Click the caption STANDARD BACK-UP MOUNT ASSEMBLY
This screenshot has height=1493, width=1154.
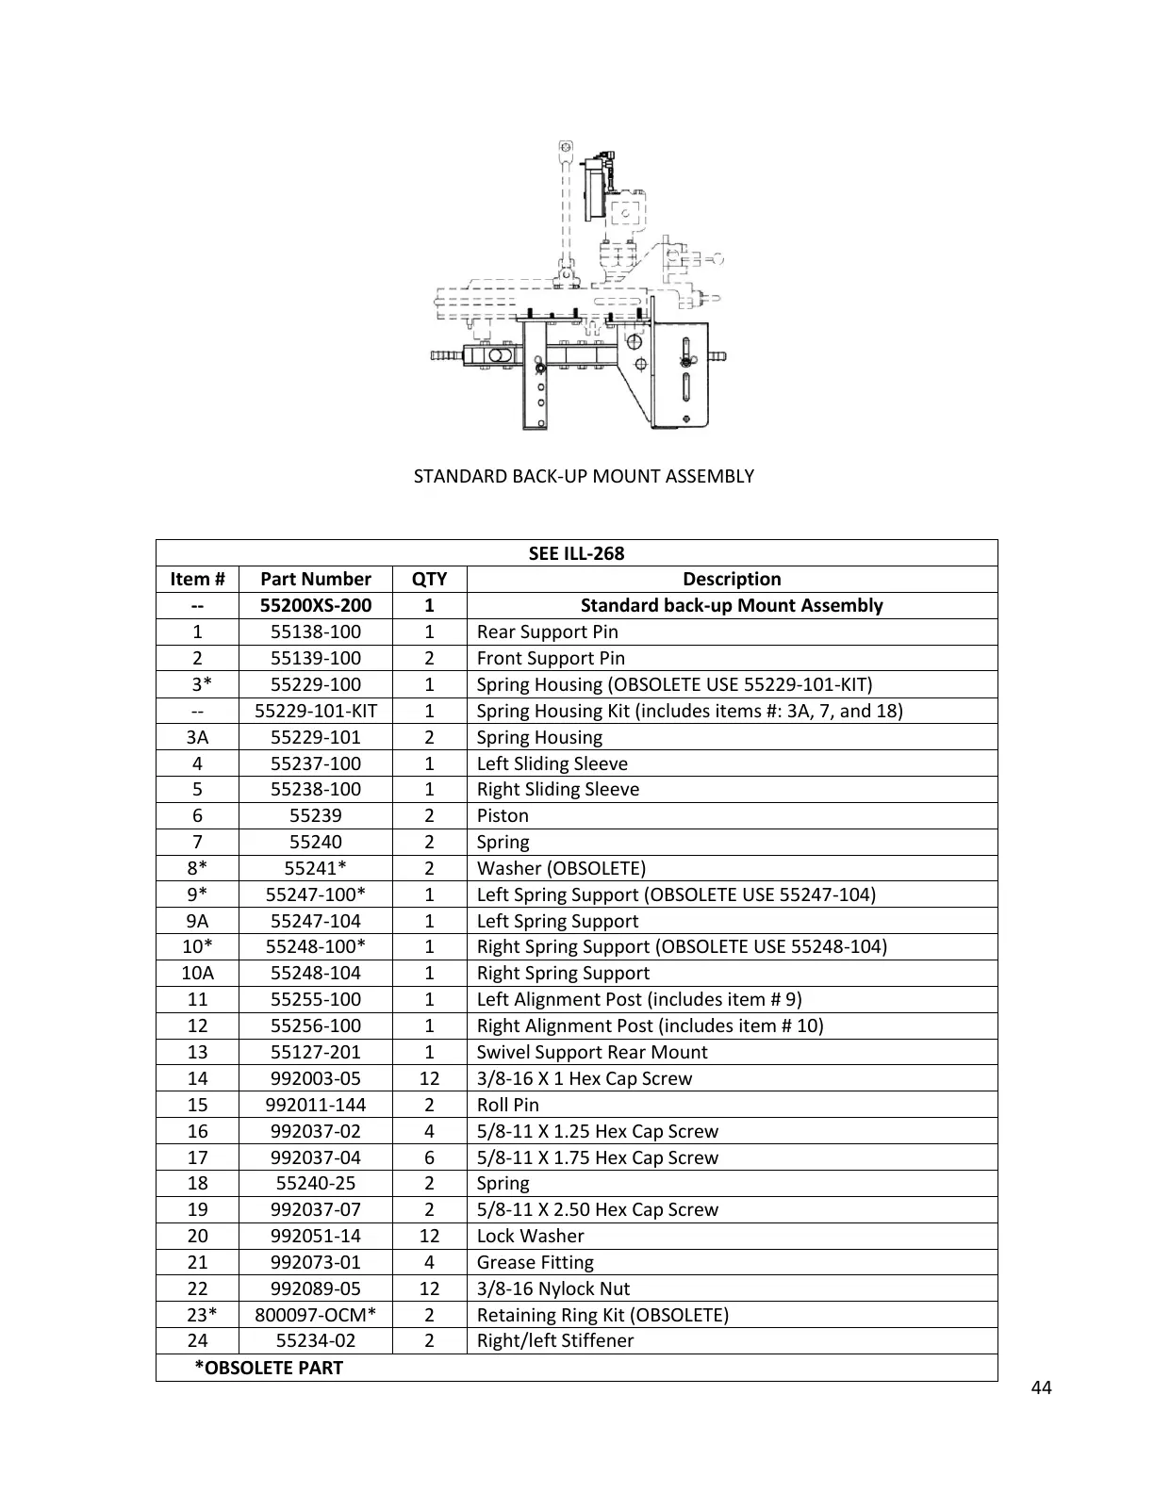pos(584,476)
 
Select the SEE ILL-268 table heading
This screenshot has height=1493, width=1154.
pos(576,553)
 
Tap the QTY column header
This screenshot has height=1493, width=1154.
pos(429,579)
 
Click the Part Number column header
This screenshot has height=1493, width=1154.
pos(316,579)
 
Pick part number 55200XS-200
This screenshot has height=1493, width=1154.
pos(316,605)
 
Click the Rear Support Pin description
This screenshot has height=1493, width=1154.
pos(547,632)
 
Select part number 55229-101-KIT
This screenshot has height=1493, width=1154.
pos(316,711)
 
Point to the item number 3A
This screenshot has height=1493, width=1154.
pos(197,737)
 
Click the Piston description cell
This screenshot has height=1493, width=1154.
pos(503,815)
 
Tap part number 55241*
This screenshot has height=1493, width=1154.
pos(316,868)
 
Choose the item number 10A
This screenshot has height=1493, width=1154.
pos(197,973)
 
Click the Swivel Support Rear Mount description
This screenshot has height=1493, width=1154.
pos(592,1052)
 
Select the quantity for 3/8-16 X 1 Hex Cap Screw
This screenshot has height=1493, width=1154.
pos(429,1078)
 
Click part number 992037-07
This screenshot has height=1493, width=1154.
pos(316,1209)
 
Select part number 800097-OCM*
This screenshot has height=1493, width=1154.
pos(316,1315)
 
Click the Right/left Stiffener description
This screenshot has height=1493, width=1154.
pos(555,1340)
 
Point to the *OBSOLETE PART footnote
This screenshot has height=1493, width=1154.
pos(269,1368)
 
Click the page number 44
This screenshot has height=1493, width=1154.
pos(1042,1387)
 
